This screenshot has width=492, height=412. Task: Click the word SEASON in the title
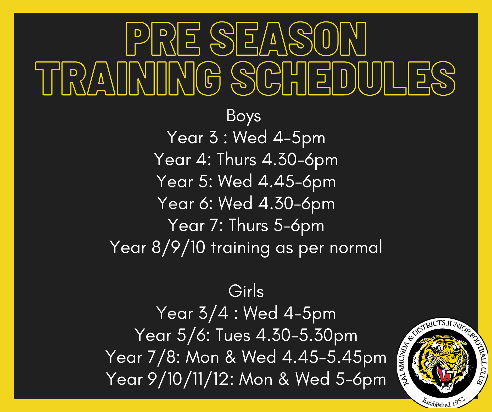pyautogui.click(x=288, y=39)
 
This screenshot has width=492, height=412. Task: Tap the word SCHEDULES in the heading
pyautogui.click(x=343, y=78)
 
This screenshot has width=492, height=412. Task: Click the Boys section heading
pyautogui.click(x=244, y=116)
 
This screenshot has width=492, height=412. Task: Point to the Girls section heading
pyautogui.click(x=246, y=291)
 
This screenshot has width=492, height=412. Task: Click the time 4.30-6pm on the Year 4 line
pyautogui.click(x=300, y=160)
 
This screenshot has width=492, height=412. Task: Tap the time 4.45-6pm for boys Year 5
pyautogui.click(x=297, y=182)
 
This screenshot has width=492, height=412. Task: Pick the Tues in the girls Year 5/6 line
pyautogui.click(x=233, y=335)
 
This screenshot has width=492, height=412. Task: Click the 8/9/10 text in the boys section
pyautogui.click(x=178, y=247)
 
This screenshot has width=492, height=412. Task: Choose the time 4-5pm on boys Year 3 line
pyautogui.click(x=299, y=138)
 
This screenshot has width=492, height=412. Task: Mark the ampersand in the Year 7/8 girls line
pyautogui.click(x=230, y=357)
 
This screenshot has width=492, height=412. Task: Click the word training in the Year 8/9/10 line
pyautogui.click(x=240, y=248)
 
